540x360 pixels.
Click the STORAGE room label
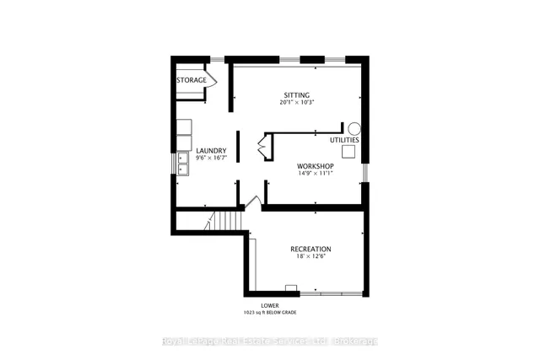[192, 80]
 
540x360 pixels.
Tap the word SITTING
[296, 94]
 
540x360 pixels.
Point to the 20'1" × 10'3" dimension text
[296, 103]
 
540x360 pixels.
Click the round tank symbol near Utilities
[355, 129]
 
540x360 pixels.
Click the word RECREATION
[310, 249]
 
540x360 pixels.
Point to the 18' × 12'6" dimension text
[310, 257]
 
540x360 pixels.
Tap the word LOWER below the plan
[270, 305]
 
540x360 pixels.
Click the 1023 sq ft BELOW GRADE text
[270, 313]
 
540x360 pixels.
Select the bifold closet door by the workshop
[262, 148]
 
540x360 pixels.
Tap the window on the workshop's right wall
[365, 170]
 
